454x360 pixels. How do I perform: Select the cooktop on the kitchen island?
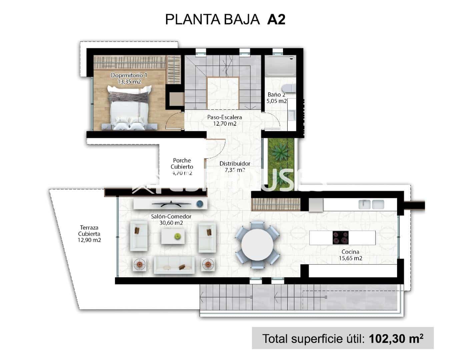340,238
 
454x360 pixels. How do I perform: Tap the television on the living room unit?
171,203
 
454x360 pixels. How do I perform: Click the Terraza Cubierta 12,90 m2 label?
89,234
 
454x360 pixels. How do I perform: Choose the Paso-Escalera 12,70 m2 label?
224,120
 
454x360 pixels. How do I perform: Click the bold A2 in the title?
276,20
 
